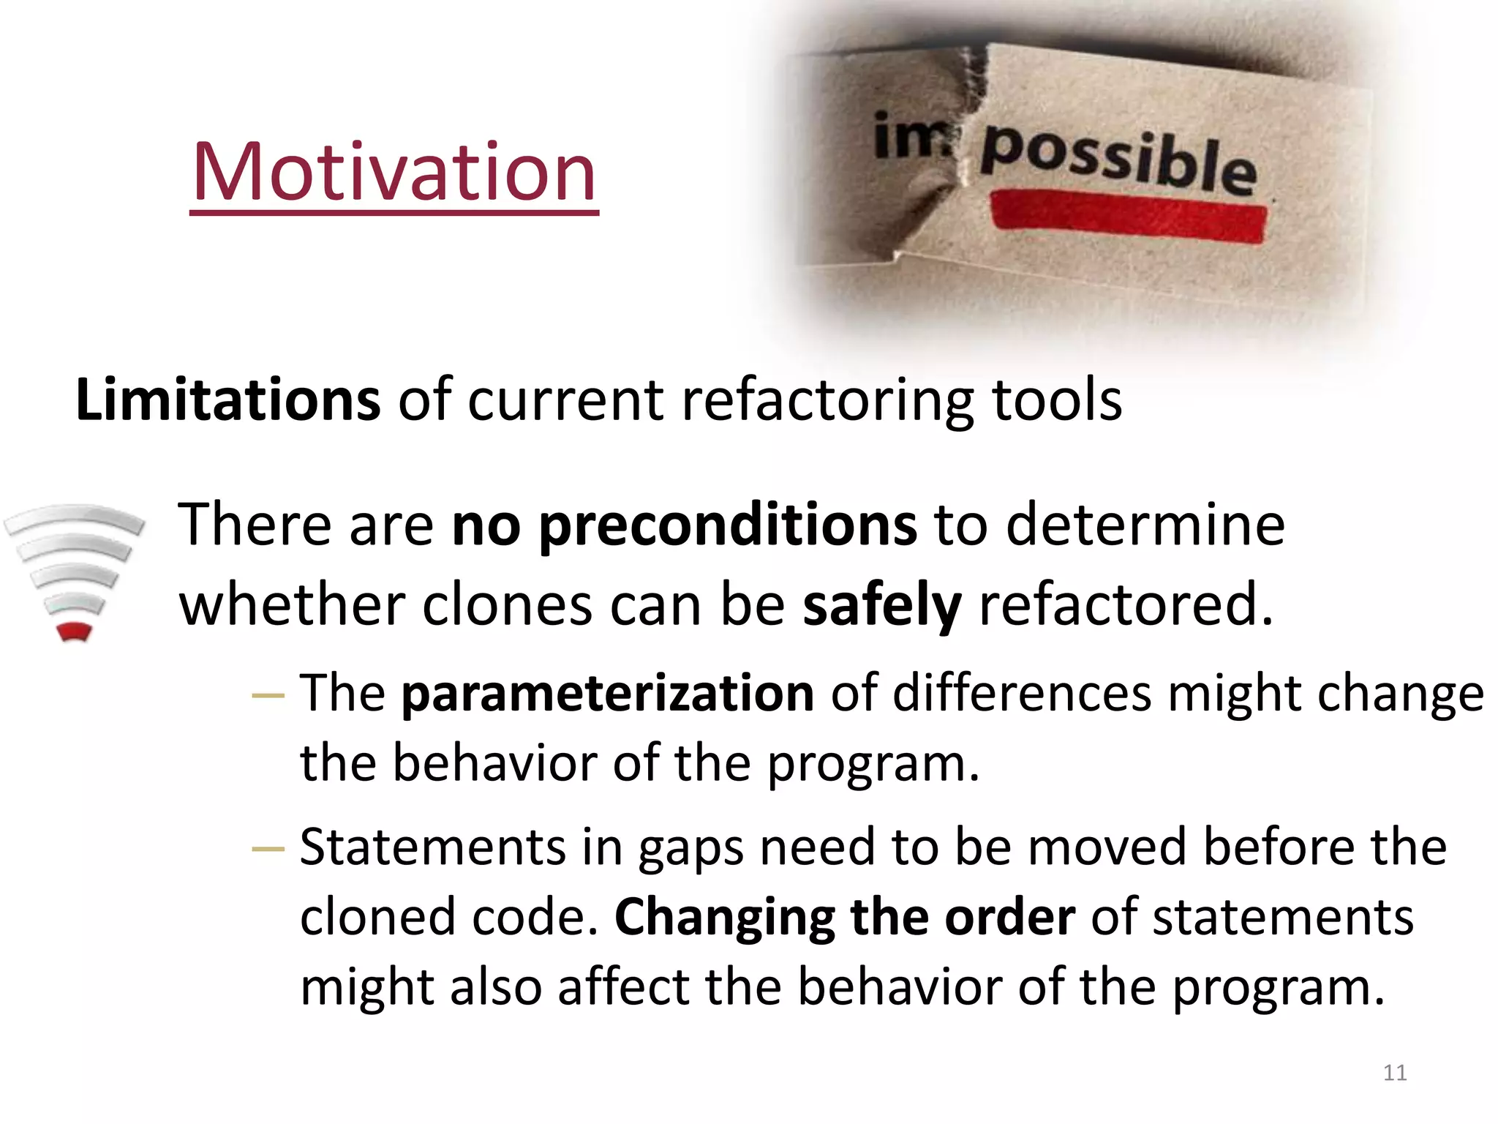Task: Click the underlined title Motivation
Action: (394, 173)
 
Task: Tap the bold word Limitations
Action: (227, 400)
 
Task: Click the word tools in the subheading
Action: (1056, 400)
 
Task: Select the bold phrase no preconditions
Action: (684, 525)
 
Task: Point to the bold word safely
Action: (881, 605)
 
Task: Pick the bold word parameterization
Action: (607, 693)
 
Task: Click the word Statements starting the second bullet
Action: (432, 847)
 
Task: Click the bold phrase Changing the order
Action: (844, 917)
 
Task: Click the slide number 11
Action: (1395, 1073)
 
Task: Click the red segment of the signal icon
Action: (74, 632)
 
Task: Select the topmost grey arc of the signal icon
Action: (74, 516)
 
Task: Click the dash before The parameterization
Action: (267, 695)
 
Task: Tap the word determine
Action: (1145, 525)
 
